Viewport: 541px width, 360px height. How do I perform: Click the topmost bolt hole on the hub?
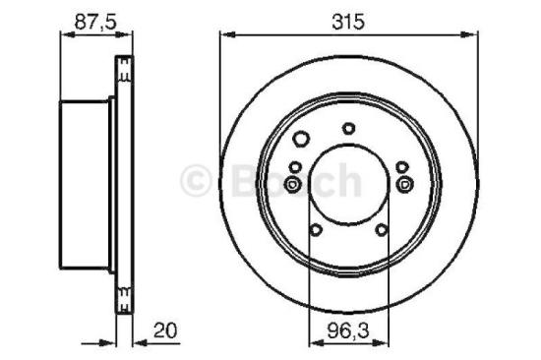348,128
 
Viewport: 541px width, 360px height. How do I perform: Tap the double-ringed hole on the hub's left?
292,183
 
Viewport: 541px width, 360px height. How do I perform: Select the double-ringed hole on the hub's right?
403,183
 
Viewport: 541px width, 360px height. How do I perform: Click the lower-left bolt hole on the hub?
315,230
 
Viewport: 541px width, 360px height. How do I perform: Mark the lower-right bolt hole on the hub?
381,230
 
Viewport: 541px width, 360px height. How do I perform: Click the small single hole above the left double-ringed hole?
294,166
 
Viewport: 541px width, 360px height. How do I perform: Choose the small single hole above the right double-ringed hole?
401,166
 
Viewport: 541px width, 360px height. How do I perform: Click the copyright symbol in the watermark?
197,180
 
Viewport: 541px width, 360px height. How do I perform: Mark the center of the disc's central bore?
348,184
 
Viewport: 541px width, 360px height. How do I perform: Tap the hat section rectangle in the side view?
88,184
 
